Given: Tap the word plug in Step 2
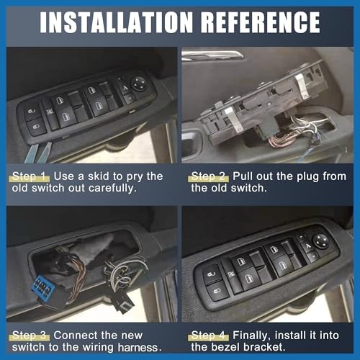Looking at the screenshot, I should click(x=302, y=176).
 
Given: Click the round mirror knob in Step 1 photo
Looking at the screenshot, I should click(x=139, y=82).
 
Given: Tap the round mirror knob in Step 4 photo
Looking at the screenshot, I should click(x=320, y=241).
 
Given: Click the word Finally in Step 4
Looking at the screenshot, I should click(x=251, y=336).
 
